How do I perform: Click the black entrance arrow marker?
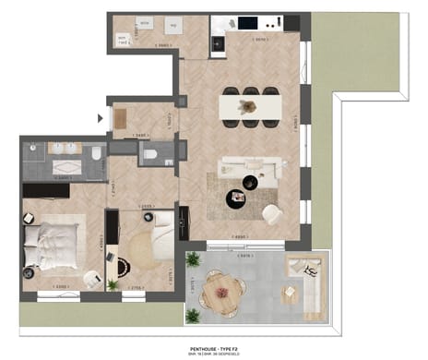101,118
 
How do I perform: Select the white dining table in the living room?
249,106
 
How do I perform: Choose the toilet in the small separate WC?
149,155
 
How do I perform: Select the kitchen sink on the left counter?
218,41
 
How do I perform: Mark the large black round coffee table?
237,197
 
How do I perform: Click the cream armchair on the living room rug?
273,214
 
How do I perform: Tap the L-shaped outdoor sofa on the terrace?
308,282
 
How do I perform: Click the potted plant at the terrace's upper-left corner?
193,259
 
